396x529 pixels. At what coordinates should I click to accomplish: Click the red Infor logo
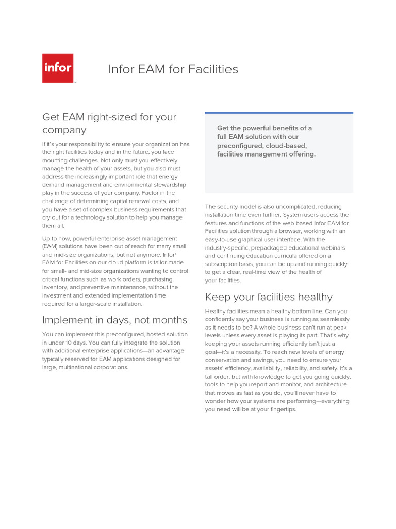(x=57, y=68)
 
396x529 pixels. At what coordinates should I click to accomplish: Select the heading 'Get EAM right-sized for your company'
(x=109, y=123)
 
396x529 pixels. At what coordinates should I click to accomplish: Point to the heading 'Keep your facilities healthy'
(x=269, y=297)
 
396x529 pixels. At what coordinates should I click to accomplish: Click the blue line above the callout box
(x=279, y=113)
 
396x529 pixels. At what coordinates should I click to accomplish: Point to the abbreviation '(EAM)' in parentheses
(x=51, y=246)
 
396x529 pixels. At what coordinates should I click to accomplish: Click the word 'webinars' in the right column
(x=333, y=247)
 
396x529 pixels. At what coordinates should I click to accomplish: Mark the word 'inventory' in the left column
(x=55, y=287)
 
